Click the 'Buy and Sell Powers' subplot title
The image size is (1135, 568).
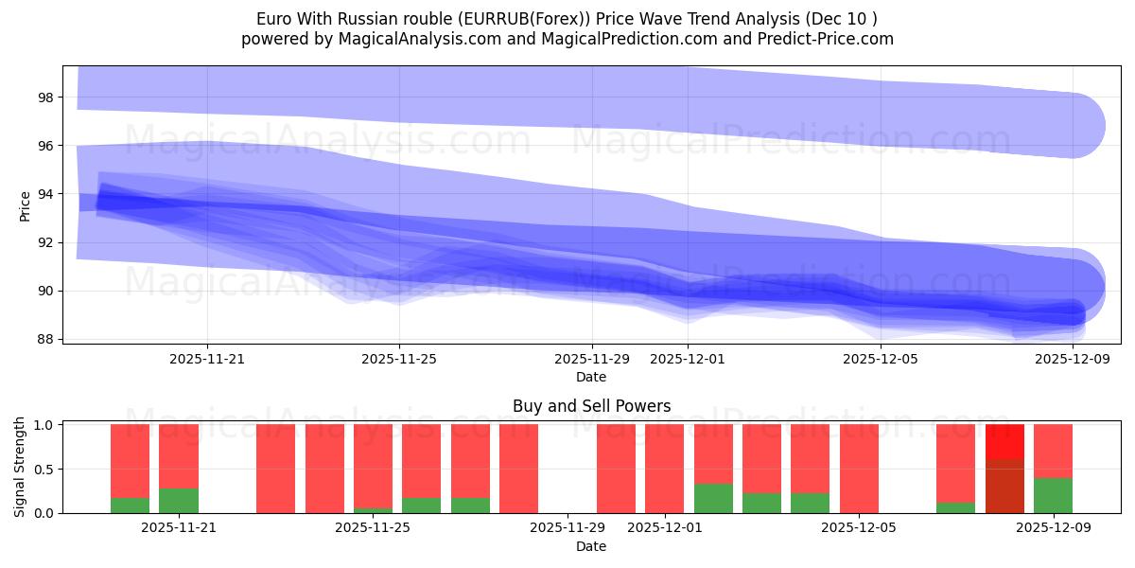(x=591, y=406)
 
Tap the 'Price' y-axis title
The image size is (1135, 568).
(x=26, y=204)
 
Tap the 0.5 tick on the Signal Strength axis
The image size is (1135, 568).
(x=44, y=470)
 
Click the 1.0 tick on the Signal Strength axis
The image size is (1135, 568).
(x=44, y=425)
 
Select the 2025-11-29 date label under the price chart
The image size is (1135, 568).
(x=592, y=359)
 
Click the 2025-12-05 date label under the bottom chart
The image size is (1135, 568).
(x=859, y=527)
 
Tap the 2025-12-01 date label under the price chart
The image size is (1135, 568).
(x=688, y=359)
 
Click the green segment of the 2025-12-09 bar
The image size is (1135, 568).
(x=1053, y=495)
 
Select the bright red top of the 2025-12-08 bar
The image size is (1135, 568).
(x=1004, y=441)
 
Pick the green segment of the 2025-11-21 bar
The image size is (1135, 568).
(x=179, y=501)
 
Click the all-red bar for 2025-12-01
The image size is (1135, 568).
(x=664, y=469)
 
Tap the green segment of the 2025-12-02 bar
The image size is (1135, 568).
(x=713, y=499)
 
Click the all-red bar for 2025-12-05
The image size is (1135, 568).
(x=859, y=469)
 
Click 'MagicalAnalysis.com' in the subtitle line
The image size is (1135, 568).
(x=366, y=39)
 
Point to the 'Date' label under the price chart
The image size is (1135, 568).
(x=591, y=377)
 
